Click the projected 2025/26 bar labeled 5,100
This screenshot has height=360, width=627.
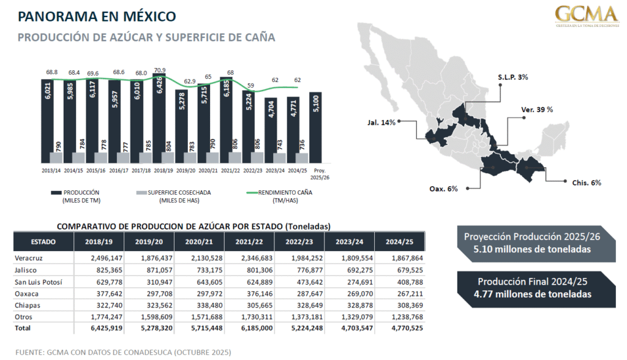point(317,129)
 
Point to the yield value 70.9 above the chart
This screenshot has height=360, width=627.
point(160,70)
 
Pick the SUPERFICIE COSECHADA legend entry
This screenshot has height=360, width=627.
point(174,192)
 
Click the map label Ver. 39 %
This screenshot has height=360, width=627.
point(537,109)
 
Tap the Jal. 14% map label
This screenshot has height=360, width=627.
point(382,121)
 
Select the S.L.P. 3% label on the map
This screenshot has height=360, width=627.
point(512,78)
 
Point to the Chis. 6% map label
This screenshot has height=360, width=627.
point(587,182)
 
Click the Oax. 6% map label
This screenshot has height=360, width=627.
point(444,189)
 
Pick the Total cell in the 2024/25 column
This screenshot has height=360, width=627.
point(400,328)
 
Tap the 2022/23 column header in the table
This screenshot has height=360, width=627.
point(299,241)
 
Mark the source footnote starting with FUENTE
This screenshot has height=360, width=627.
point(123,353)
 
